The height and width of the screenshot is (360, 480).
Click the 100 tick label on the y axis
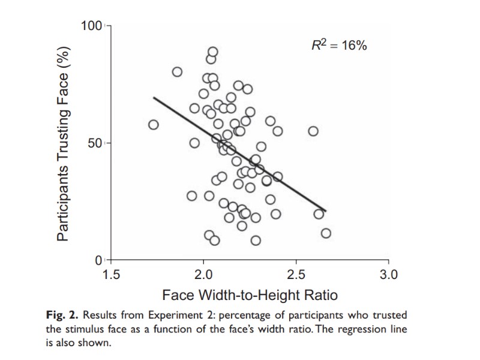(92, 26)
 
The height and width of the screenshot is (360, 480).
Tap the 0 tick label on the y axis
(100, 260)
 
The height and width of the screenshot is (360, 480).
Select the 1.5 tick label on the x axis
(112, 275)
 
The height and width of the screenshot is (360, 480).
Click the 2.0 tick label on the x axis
(204, 275)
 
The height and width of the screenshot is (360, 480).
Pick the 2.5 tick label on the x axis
(296, 275)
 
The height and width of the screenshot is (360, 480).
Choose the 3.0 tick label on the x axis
(389, 275)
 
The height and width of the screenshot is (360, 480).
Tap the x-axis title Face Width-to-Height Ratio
(250, 295)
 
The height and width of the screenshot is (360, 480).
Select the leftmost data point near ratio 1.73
(154, 125)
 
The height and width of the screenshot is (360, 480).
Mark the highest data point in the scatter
(212, 52)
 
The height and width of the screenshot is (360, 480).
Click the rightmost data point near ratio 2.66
(326, 233)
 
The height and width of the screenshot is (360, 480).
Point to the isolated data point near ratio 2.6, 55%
(313, 131)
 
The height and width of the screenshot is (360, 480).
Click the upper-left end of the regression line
(154, 97)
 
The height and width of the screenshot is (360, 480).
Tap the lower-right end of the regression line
(325, 211)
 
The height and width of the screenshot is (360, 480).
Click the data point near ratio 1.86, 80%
(177, 72)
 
